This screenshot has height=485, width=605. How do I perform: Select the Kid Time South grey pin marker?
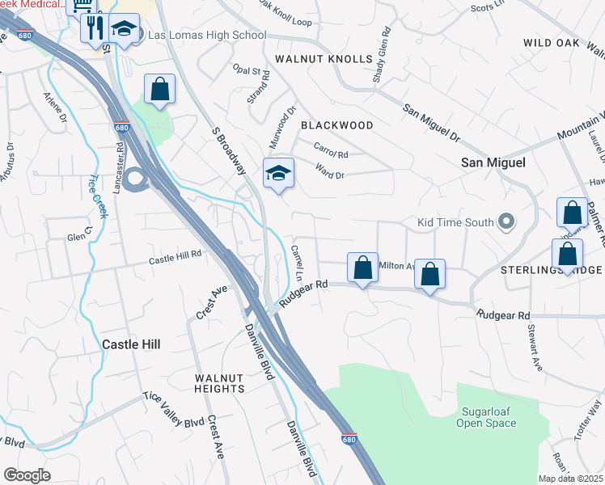[506, 221]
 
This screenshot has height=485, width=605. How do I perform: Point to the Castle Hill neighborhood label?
[131, 344]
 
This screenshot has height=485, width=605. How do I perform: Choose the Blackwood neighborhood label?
[337, 125]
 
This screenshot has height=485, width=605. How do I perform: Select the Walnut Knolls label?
[324, 59]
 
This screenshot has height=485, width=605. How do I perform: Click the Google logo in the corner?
[27, 475]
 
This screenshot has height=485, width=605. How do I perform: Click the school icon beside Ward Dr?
[278, 173]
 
